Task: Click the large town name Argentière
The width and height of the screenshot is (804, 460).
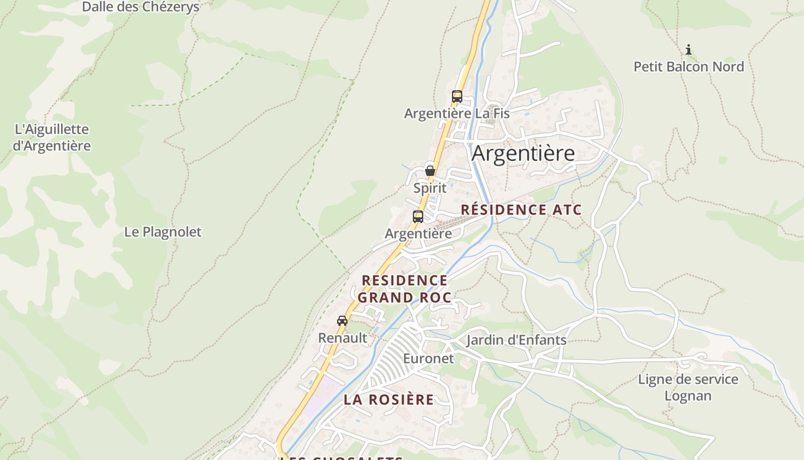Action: coord(523,154)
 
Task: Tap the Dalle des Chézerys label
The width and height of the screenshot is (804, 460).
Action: coord(141,7)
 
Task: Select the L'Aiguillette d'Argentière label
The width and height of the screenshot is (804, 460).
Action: coord(52,137)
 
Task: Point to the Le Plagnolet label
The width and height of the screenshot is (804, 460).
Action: coord(163,232)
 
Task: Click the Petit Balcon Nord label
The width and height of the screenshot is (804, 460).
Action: coord(689,67)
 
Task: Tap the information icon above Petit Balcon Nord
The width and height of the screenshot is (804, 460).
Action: coord(689,50)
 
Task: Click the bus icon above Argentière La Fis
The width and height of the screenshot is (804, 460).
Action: coord(457,97)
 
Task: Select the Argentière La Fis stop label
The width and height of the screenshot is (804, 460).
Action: coord(457,113)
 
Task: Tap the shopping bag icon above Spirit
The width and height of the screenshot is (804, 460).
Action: coord(430,171)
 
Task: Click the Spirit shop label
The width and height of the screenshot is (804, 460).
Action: coord(430,188)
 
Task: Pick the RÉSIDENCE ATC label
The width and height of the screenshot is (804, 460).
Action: coord(521,210)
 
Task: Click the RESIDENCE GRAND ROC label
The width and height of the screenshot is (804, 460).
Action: coord(404,289)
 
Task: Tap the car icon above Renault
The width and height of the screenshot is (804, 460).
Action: coord(342,321)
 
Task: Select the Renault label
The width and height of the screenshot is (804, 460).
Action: coord(342,338)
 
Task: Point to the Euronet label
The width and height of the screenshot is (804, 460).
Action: coord(428,358)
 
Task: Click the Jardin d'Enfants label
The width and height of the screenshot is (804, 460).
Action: coord(516,340)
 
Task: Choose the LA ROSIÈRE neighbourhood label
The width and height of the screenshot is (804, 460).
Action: coord(389,400)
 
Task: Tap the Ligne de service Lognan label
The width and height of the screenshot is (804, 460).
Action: coord(688,388)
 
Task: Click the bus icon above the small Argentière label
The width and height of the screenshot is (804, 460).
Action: coord(418,217)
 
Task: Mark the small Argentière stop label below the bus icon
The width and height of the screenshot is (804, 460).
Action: coord(418,233)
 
